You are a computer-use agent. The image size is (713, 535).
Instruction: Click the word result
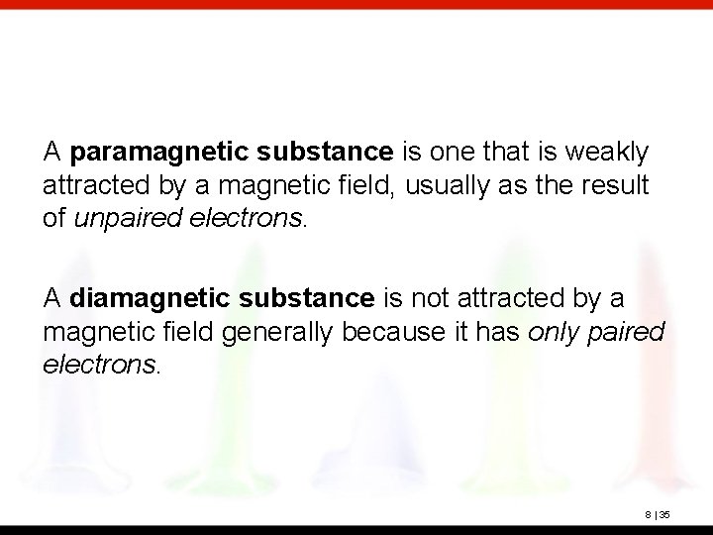pyautogui.click(x=622, y=184)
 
